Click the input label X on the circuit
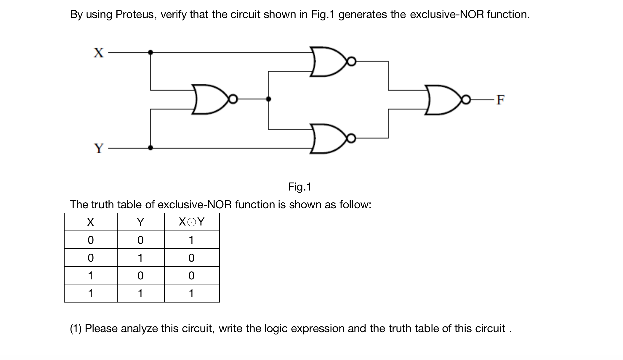coord(99,53)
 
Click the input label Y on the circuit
coord(99,148)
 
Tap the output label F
coord(500,100)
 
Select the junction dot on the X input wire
coord(150,52)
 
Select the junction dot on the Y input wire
coord(150,148)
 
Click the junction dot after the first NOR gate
coord(268,99)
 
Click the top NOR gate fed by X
coord(327,62)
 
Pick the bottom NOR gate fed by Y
coord(327,138)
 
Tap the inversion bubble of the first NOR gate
coord(233,99)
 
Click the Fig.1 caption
coord(300,187)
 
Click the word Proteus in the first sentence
coord(134,14)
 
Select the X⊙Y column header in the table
coord(191,222)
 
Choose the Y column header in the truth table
coord(140,222)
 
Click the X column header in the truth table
coord(90,222)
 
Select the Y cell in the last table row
coord(140,293)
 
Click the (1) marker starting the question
coord(76,329)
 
